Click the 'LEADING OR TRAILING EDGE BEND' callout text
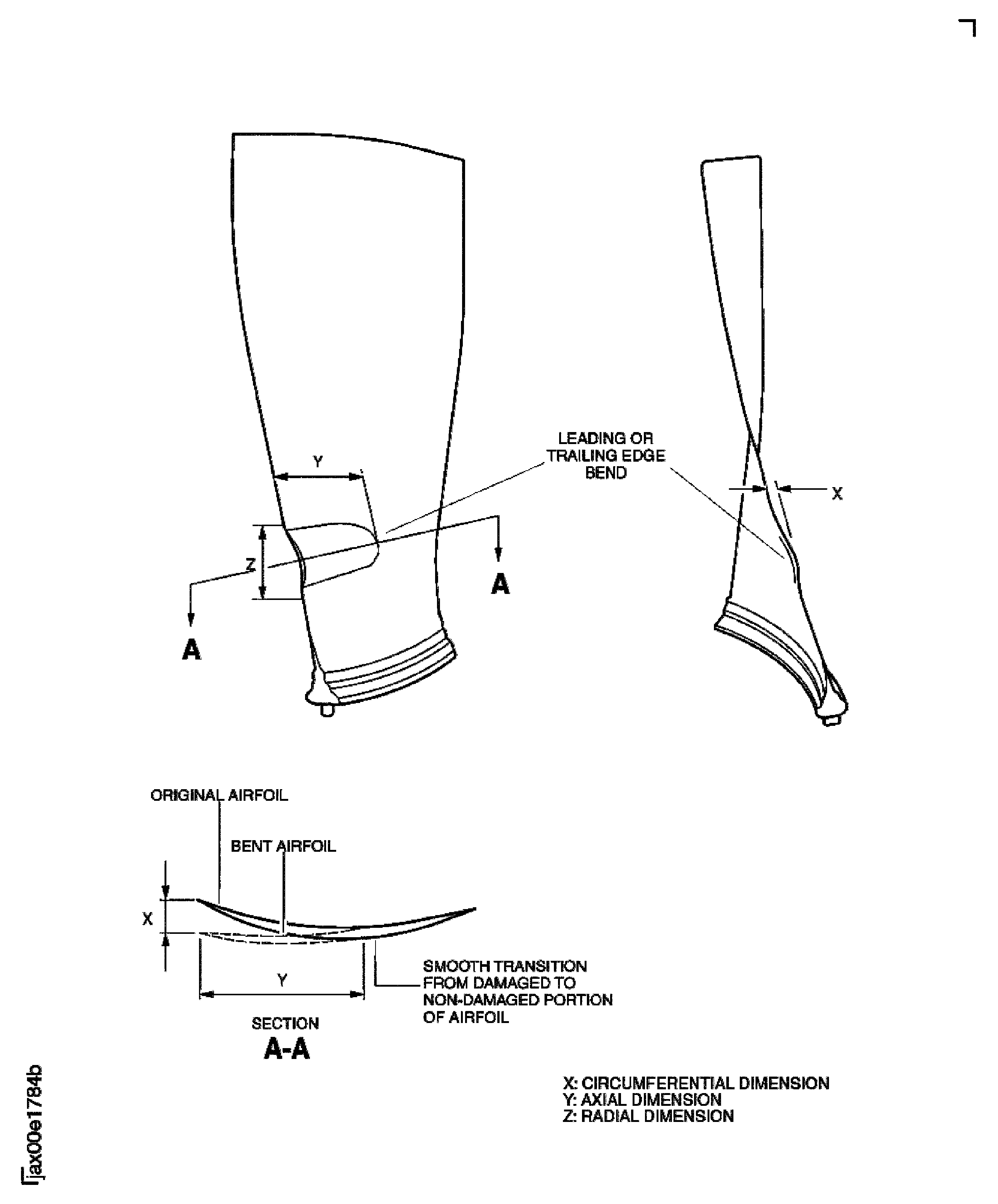coord(605,455)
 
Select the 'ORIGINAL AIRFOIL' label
coord(219,795)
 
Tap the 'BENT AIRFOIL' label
coord(283,846)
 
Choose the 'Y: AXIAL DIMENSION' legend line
coord(642,1100)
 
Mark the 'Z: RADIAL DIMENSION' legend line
coord(648,1116)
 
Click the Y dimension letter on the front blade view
coord(317,462)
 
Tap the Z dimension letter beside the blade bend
coord(250,565)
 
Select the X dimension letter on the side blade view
coord(837,494)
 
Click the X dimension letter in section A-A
coord(147,919)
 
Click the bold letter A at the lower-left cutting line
coord(192,649)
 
